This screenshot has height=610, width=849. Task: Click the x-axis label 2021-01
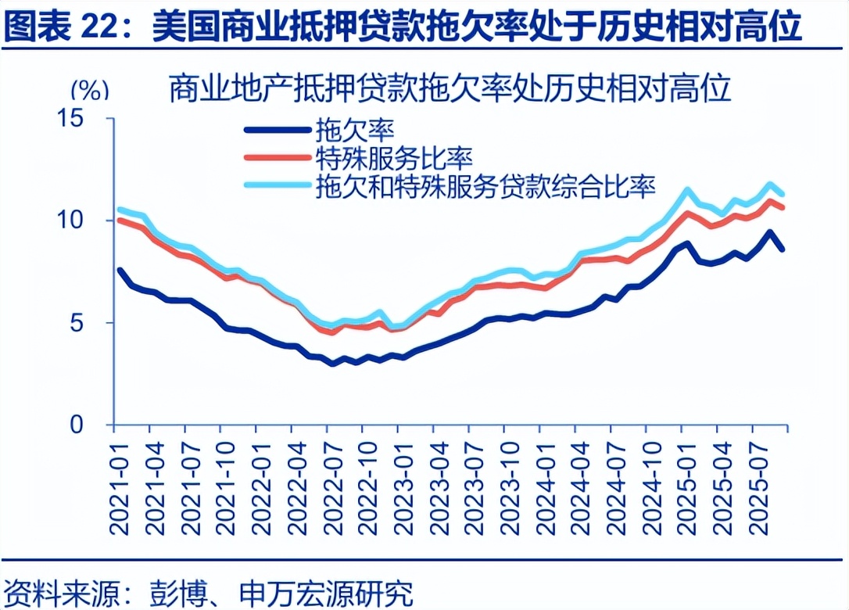[x=119, y=486]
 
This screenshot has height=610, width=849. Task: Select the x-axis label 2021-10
[x=224, y=486]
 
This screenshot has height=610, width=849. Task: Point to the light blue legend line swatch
[x=277, y=185]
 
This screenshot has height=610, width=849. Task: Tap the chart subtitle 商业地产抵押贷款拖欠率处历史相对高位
[x=450, y=89]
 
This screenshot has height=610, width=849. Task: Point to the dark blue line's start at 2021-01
[x=119, y=270]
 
